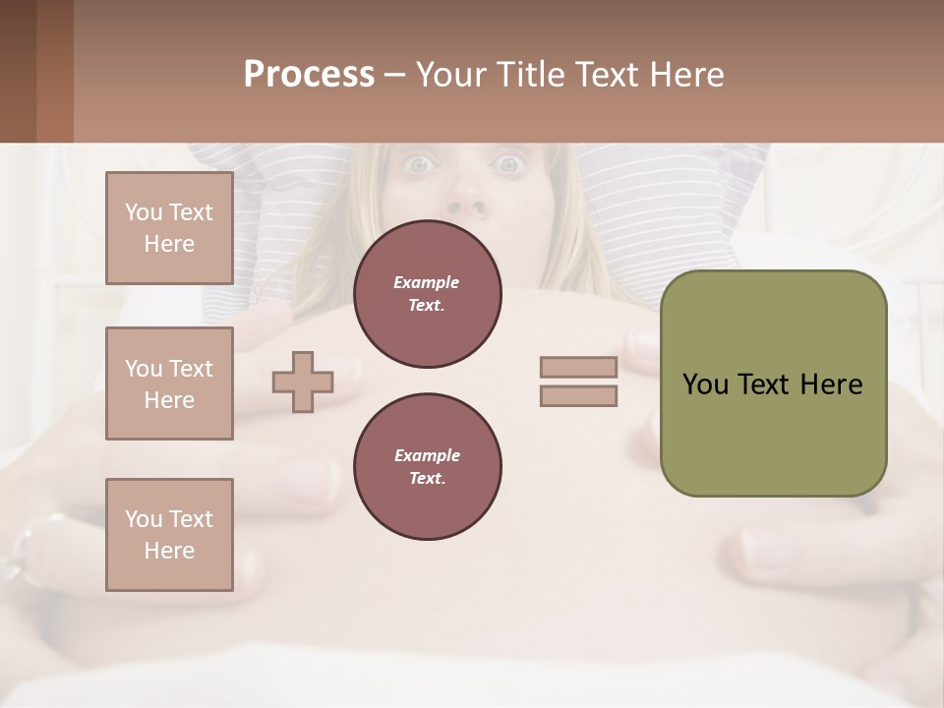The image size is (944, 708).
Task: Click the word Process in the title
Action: pos(309,75)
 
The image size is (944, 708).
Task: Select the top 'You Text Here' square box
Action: pos(169,228)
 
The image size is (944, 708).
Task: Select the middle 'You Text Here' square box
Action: pos(169,383)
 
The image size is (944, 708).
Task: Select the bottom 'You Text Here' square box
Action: pos(169,534)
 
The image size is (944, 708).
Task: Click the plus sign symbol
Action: pos(303,382)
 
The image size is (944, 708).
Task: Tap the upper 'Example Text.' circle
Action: pos(427,294)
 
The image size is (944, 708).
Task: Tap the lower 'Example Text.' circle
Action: pos(427,467)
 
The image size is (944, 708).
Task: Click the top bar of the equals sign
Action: pos(578,368)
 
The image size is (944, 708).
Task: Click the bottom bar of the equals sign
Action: pos(578,395)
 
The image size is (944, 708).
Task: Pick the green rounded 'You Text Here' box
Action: pos(773,383)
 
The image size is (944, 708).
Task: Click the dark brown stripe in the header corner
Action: pos(18,71)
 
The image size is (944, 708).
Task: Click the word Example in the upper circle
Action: pos(427,282)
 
